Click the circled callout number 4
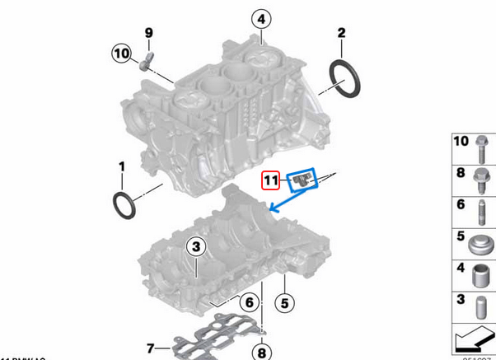(x=260, y=19)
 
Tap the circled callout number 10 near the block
(x=122, y=54)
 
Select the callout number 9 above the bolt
(x=149, y=33)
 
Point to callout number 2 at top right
(x=340, y=34)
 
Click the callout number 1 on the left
(x=122, y=167)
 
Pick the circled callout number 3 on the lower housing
(x=195, y=246)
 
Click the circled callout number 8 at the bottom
(x=262, y=353)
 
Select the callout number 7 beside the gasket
(x=150, y=346)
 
